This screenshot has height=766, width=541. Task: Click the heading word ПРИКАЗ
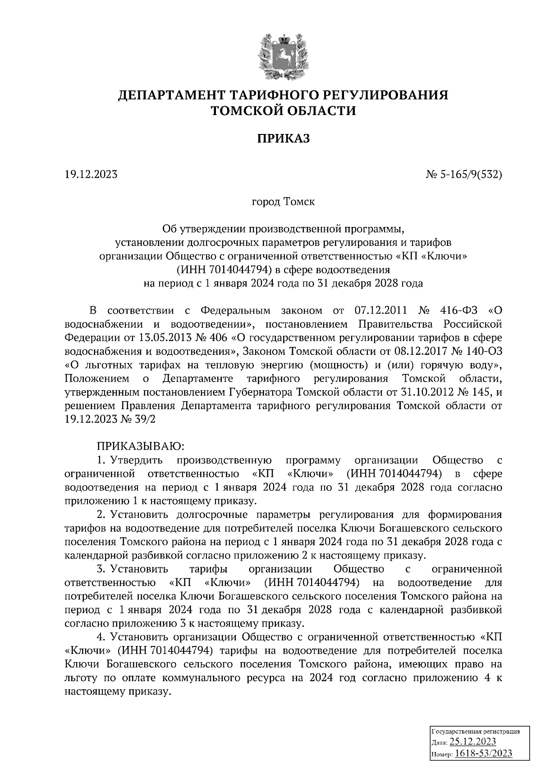[284, 138]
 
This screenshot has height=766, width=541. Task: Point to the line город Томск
[283, 202]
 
